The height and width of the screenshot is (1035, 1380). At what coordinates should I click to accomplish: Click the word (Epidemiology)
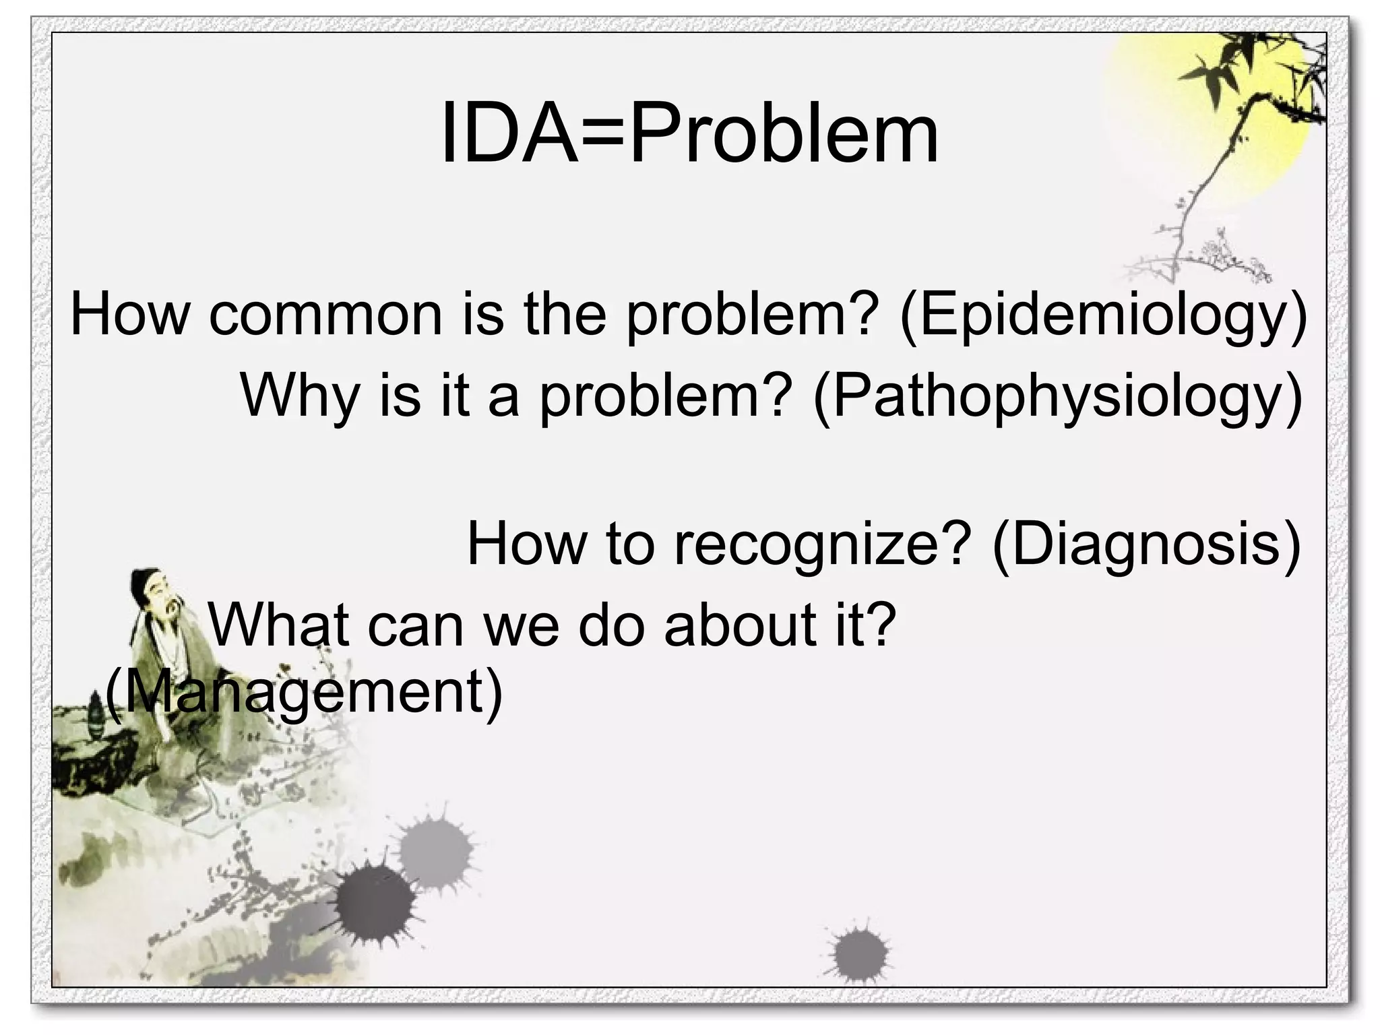coord(1102,314)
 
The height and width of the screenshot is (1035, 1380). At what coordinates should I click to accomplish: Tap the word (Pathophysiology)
coord(1057,396)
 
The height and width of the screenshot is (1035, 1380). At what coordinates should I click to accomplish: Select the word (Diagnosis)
coord(1146,544)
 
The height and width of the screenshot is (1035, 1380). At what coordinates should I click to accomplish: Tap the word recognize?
coord(823,544)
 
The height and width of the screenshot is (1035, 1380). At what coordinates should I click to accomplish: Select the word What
coord(279,625)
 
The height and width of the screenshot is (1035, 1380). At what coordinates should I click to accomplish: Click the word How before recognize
coord(526,544)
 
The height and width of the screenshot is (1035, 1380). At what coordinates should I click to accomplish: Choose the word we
coord(522,625)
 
